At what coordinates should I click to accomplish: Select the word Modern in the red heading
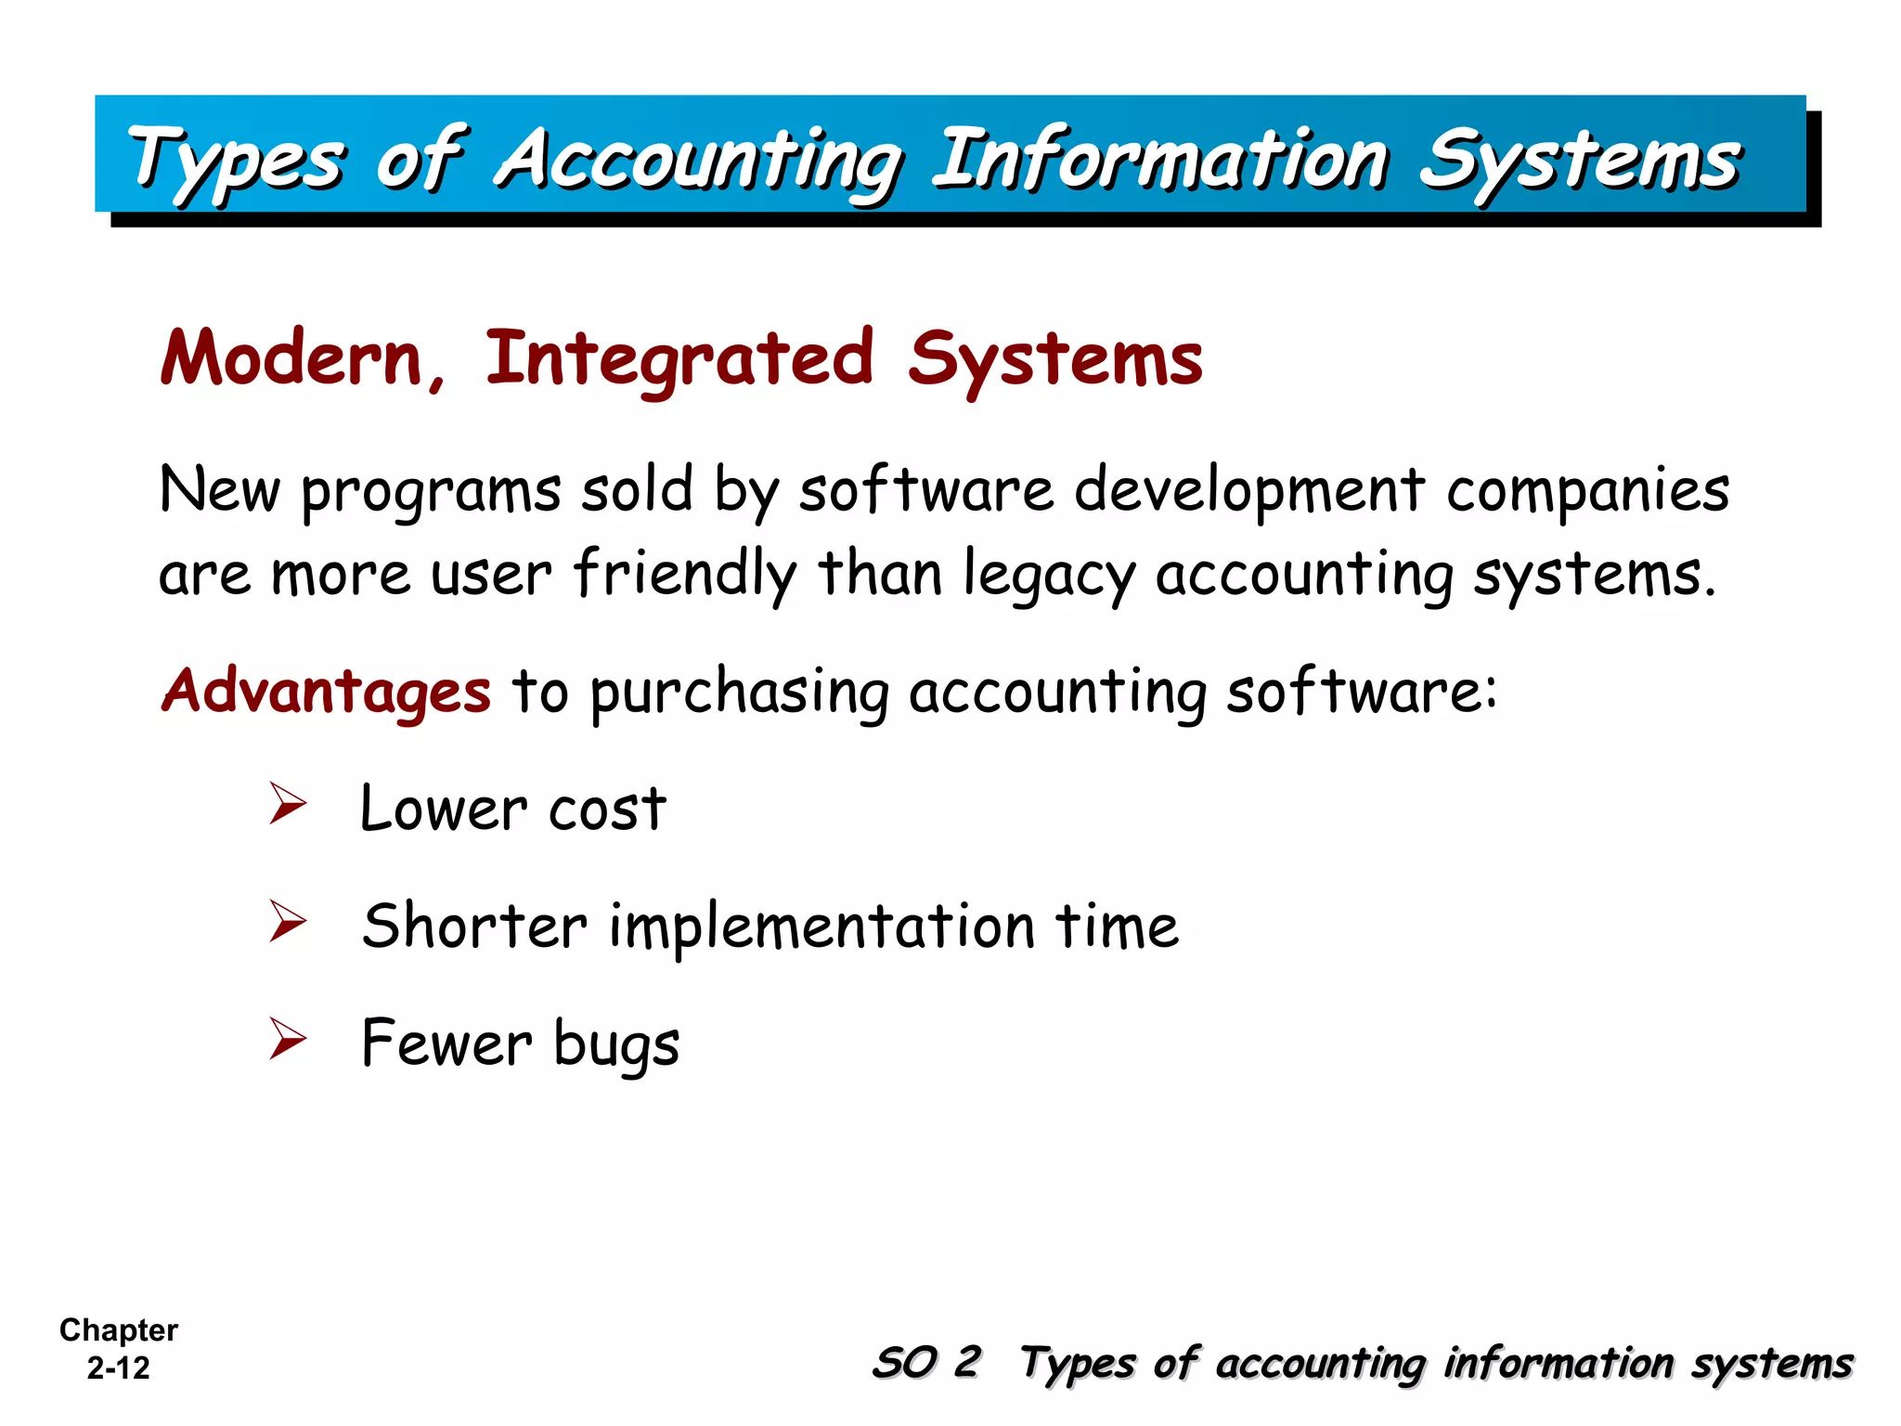click(x=291, y=359)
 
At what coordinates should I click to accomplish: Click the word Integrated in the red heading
click(x=679, y=359)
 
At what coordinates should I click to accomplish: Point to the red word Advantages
click(x=326, y=692)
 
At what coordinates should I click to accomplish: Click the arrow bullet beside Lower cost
click(x=288, y=804)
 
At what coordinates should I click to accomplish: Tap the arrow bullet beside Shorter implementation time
click(x=288, y=922)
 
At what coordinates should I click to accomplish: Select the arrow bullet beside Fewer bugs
click(x=288, y=1039)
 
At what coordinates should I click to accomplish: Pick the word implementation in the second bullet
click(x=821, y=927)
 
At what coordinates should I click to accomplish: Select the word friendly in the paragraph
click(x=685, y=574)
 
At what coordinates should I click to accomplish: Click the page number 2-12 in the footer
click(x=118, y=1368)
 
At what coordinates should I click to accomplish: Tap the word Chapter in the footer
click(x=118, y=1329)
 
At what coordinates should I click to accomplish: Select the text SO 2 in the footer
click(x=925, y=1363)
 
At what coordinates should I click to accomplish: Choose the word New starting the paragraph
click(x=219, y=490)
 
